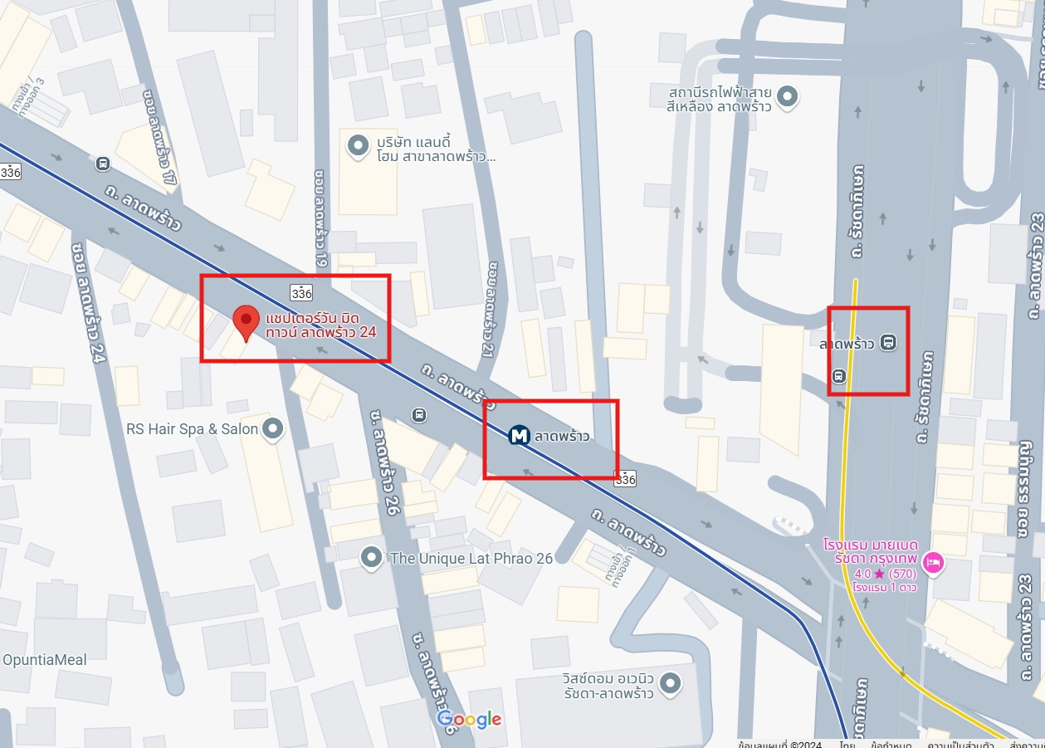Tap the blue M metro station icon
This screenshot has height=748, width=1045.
(x=520, y=435)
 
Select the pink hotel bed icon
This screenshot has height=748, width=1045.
(x=934, y=563)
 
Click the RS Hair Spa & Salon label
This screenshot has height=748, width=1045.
(x=192, y=429)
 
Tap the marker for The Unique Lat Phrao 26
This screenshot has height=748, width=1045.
(x=371, y=558)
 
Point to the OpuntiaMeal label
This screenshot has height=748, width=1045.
(x=44, y=660)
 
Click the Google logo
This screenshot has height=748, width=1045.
(x=469, y=719)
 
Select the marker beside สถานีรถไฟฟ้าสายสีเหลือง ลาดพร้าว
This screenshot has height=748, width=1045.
(x=788, y=97)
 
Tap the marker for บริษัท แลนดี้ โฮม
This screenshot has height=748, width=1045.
(x=358, y=146)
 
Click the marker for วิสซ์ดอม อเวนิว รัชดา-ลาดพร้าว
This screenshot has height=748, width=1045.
(x=671, y=684)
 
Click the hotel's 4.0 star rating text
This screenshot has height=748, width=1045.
(x=883, y=574)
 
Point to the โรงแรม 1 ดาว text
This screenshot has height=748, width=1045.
(x=883, y=588)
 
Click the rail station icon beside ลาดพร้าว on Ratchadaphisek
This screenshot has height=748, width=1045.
(x=889, y=342)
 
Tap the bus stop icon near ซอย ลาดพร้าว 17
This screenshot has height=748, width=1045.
(x=102, y=164)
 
